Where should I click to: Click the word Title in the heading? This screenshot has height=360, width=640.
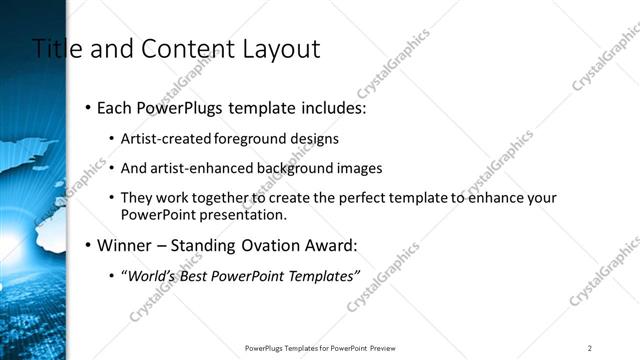click(55, 48)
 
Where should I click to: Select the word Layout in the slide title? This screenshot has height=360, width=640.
click(280, 48)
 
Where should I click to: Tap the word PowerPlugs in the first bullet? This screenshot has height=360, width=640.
click(184, 108)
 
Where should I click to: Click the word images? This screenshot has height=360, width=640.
click(358, 168)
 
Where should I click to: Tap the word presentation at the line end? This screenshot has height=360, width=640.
click(248, 214)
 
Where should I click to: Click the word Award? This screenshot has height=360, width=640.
click(329, 244)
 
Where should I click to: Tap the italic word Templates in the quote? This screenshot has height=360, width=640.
click(319, 275)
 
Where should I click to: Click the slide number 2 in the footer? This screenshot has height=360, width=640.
click(590, 348)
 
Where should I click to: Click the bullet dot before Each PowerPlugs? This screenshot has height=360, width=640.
click(89, 108)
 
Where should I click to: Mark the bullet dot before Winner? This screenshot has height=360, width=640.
click(89, 244)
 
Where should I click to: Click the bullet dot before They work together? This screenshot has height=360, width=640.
click(111, 198)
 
